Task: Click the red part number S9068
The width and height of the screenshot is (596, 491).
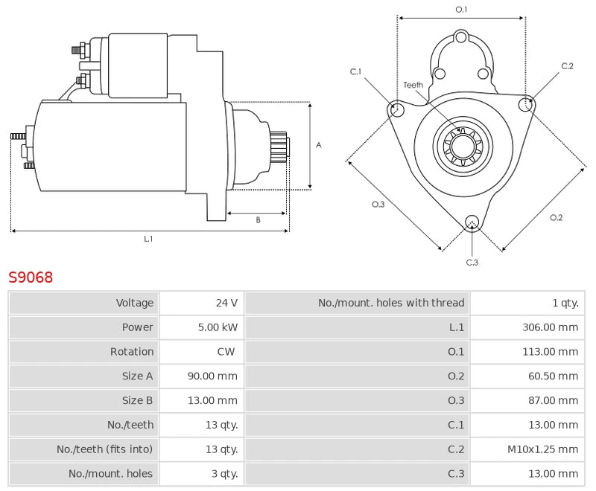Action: point(31,278)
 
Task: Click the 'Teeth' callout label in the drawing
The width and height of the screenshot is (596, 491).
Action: point(413,85)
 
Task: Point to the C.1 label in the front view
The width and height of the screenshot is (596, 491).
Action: point(355,71)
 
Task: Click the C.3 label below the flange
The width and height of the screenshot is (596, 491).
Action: point(472,262)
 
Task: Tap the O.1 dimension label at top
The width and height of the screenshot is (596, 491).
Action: point(461,9)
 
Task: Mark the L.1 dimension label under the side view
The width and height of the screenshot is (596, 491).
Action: point(148,239)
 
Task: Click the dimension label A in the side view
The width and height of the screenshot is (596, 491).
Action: point(319,145)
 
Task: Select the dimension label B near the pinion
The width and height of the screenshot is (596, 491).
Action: point(258,219)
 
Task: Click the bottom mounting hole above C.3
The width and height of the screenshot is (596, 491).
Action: point(471,221)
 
